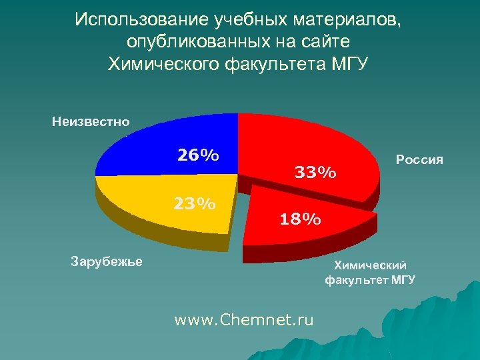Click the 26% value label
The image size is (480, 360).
[x=198, y=155]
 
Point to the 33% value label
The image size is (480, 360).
[x=315, y=173]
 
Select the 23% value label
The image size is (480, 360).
[x=195, y=203]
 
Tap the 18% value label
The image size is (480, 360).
[x=300, y=219]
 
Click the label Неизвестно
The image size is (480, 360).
[x=91, y=121]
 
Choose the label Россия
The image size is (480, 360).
[x=419, y=160]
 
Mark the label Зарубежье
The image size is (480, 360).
[x=107, y=260]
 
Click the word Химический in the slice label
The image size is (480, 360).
[x=370, y=265]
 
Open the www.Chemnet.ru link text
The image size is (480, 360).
[x=243, y=320]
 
